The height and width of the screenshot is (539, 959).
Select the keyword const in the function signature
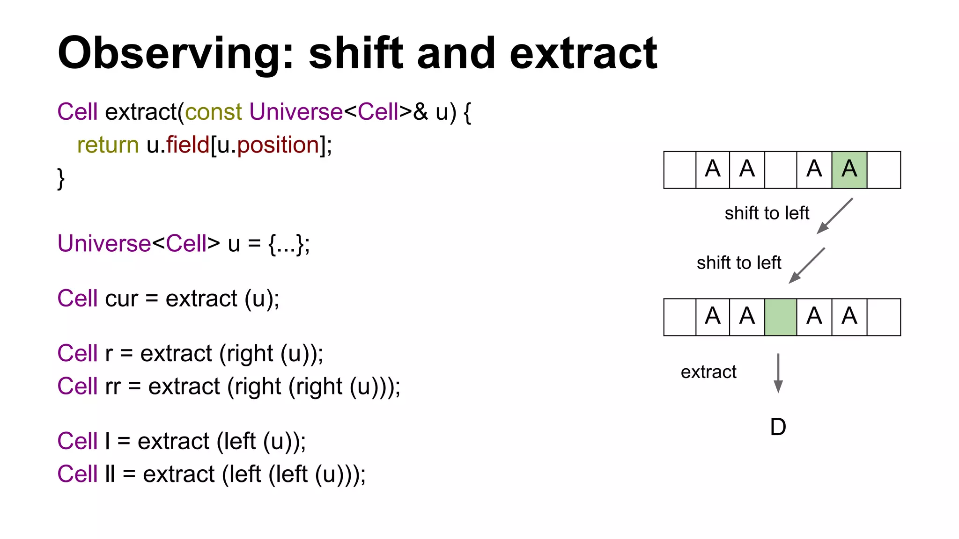(214, 112)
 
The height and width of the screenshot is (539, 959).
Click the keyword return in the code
(108, 145)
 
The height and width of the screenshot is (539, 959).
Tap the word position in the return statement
(278, 146)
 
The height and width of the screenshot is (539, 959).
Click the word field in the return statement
(187, 145)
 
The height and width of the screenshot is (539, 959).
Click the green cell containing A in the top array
(849, 170)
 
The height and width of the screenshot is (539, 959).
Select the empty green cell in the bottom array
(780, 317)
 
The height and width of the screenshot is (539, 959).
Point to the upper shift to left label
(767, 213)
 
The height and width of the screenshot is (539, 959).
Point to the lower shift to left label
(738, 263)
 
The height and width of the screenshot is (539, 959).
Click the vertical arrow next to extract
(778, 373)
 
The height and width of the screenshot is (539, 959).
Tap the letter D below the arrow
(778, 427)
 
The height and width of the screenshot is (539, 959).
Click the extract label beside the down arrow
(708, 372)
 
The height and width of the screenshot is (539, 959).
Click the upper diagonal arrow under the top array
(835, 216)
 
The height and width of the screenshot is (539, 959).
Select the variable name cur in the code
(122, 299)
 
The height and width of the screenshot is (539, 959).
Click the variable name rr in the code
(113, 386)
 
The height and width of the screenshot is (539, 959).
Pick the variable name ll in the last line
(110, 474)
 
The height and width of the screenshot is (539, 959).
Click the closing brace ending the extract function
(60, 178)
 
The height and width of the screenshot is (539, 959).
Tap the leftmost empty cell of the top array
(679, 170)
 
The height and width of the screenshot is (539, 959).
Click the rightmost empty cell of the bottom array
(884, 317)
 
